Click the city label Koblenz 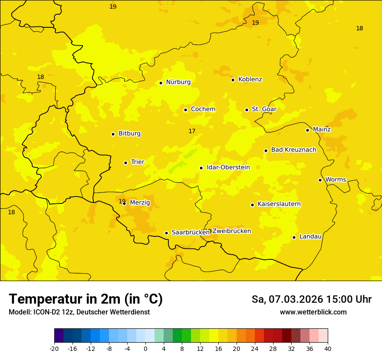250,79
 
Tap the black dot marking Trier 125,163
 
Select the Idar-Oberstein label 228,167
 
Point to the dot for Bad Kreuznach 266,151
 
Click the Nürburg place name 178,82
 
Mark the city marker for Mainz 307,130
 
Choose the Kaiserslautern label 279,204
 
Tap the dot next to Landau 294,237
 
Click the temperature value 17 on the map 192,131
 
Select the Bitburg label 129,134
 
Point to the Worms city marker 320,180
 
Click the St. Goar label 264,109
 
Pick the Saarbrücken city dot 166,233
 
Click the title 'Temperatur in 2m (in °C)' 86,299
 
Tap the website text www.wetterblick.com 313,312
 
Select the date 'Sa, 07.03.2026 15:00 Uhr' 311,299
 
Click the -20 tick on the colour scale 54,348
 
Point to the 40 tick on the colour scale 328,348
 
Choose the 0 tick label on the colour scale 145,348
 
